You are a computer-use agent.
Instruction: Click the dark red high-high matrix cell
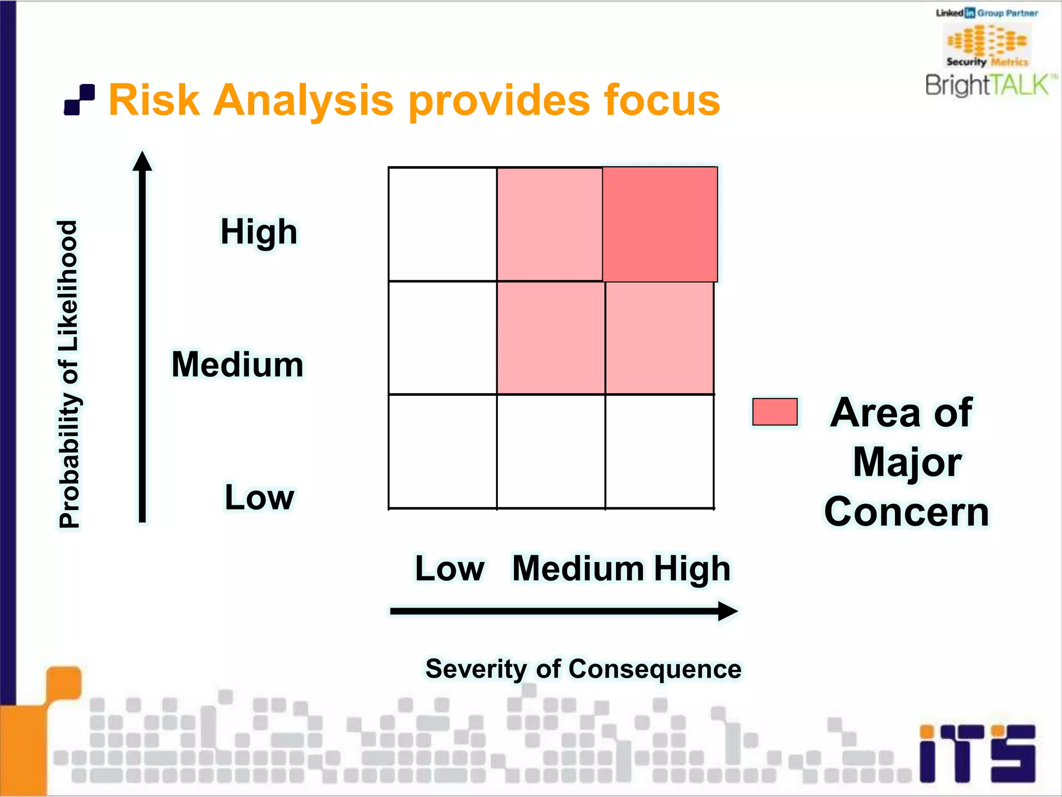tap(660, 224)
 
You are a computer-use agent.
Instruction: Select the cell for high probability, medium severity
tap(550, 224)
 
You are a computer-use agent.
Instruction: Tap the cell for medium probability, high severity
tap(660, 338)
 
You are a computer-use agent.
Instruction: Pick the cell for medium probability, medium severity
tap(551, 338)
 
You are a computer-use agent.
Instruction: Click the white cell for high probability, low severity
tap(442, 224)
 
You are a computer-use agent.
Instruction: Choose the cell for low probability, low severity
tap(442, 451)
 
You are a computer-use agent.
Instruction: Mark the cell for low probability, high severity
tap(660, 451)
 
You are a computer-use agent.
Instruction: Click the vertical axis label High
tap(259, 231)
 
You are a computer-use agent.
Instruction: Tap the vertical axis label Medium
tap(237, 364)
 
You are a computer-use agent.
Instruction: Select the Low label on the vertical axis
tap(259, 497)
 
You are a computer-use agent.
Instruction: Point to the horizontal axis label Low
tap(450, 569)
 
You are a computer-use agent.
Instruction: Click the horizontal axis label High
tap(692, 569)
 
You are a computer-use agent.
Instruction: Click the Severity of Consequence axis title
tap(583, 669)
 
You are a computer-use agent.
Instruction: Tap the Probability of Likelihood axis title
tap(68, 374)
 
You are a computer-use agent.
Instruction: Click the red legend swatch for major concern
tap(775, 412)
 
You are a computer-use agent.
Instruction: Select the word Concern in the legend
tap(906, 512)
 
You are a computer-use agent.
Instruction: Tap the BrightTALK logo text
tap(988, 85)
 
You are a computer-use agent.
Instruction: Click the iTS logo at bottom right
tap(977, 753)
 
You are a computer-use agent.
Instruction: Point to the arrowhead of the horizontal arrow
tap(729, 611)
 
